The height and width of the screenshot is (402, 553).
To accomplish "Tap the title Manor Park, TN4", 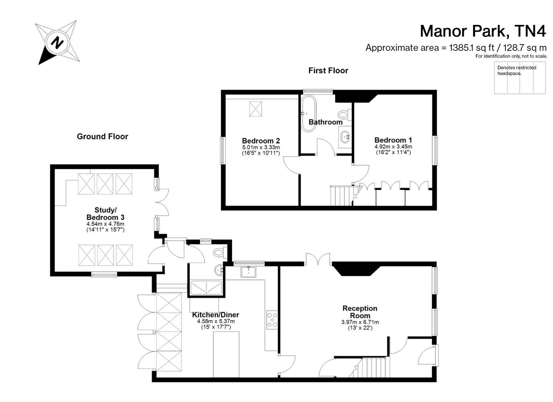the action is tap(483, 31).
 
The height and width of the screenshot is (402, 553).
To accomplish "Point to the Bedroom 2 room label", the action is tap(261, 141).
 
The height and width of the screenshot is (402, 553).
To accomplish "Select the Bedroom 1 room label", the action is tap(393, 140).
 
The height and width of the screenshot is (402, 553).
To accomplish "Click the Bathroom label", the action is tap(325, 122).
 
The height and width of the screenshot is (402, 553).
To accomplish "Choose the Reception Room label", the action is tap(360, 312).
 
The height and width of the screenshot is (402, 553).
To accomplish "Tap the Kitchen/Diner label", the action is tap(215, 315).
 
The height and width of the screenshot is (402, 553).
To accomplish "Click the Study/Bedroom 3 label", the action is tap(105, 214).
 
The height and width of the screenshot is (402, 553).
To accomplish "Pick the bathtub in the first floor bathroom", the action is tap(308, 113).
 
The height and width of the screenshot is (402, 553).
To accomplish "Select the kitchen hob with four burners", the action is tap(272, 320).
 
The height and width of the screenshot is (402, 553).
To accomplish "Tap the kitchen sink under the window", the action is tap(248, 272).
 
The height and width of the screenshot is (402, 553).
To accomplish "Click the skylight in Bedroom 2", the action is tap(255, 109).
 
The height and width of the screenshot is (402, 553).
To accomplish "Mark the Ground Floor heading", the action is tap(103, 136).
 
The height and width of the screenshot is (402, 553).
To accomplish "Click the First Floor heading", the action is tap(328, 71).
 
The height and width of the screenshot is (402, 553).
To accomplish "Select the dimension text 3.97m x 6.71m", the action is tap(360, 322).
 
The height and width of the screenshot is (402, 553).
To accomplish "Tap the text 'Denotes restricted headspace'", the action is tap(517, 71).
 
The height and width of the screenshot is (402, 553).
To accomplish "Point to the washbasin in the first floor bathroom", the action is tap(345, 137).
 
